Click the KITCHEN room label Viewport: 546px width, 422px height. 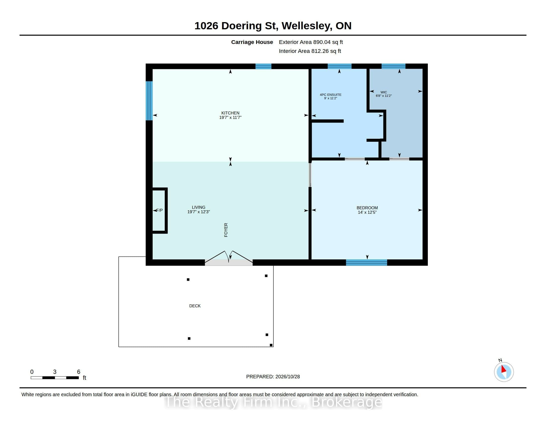(230, 113)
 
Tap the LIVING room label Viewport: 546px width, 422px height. (199, 207)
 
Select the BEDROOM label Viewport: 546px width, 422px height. (367, 208)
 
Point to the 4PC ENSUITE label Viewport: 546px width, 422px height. (331, 95)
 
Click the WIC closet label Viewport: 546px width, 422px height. (384, 92)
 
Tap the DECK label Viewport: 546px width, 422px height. (195, 306)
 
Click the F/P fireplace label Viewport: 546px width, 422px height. (160, 210)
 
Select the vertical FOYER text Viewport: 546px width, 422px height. (226, 230)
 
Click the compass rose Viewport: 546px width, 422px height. (504, 372)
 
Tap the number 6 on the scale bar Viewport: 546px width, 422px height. (78, 372)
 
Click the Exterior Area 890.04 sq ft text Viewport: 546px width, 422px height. (311, 42)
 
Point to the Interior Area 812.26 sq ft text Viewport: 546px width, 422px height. (310, 51)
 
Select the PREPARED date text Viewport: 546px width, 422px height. (273, 377)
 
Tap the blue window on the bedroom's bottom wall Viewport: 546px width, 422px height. (367, 262)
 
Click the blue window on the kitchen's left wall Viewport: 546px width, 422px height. (149, 101)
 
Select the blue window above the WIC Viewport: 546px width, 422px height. (393, 66)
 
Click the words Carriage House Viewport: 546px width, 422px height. (252, 42)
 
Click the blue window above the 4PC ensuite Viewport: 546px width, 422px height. (340, 66)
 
